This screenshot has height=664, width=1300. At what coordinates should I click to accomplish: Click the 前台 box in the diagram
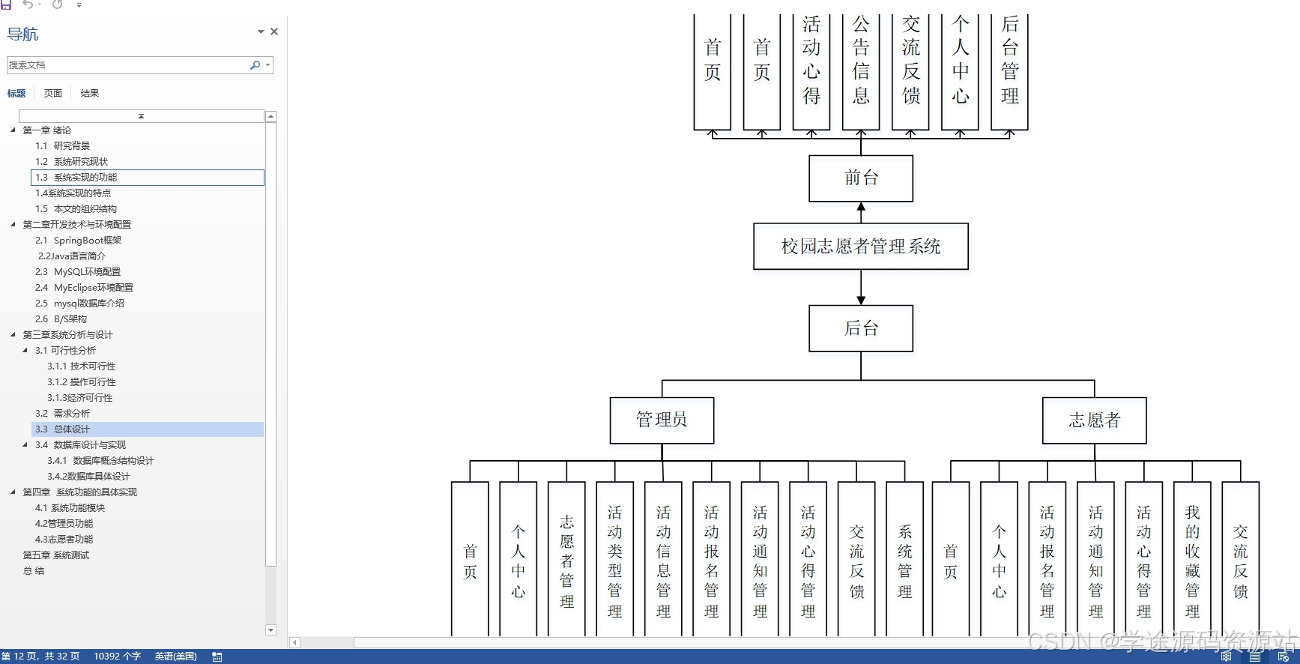[x=861, y=178]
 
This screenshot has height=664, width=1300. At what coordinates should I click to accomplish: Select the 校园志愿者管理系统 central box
[x=861, y=247]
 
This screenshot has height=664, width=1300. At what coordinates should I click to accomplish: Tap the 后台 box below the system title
[x=861, y=328]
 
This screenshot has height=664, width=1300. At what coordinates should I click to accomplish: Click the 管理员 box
[x=662, y=420]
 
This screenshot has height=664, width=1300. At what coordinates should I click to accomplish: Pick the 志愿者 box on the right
[x=1094, y=420]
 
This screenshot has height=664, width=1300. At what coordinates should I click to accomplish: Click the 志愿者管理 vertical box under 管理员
[x=566, y=561]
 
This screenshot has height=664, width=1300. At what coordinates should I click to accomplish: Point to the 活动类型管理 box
[x=615, y=561]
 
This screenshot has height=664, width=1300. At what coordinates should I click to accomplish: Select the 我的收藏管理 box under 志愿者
[x=1192, y=561]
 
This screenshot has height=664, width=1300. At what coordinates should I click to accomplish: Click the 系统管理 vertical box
[x=904, y=561]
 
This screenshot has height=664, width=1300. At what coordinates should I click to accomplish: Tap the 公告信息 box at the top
[x=861, y=71]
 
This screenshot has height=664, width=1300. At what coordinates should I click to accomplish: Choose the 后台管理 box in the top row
[x=1009, y=71]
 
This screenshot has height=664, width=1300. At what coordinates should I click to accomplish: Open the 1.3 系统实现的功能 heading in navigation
[x=85, y=178]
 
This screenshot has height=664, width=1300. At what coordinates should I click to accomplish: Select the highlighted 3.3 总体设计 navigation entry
[x=72, y=429]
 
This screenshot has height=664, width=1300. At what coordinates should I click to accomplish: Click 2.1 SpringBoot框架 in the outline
[x=87, y=241]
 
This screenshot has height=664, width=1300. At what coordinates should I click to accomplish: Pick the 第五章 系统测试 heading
[x=56, y=555]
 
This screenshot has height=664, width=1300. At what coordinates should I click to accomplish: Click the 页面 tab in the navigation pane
[x=53, y=94]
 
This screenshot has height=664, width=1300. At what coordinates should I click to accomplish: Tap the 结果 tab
[x=90, y=94]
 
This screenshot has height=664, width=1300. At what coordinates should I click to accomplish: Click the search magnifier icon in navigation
[x=255, y=65]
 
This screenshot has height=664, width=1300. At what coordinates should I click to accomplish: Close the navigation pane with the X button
[x=274, y=31]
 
